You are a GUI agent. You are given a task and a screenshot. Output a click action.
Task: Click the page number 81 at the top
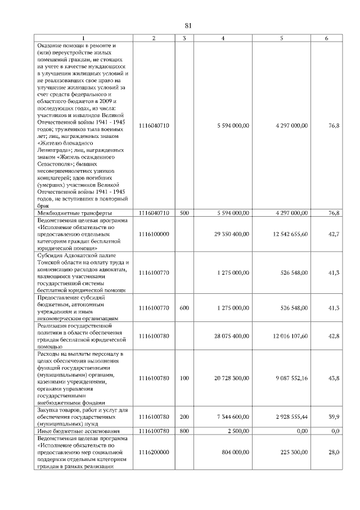[188, 25]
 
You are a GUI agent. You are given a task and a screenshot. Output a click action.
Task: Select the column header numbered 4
[223, 38]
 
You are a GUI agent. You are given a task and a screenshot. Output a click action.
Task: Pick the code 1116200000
[153, 452]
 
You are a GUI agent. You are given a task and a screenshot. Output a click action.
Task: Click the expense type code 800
[184, 431]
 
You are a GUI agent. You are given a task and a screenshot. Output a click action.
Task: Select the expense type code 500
[184, 213]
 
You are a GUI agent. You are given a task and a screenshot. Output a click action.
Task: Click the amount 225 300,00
[294, 452]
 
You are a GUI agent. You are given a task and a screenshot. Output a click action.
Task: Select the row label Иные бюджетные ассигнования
[79, 431]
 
